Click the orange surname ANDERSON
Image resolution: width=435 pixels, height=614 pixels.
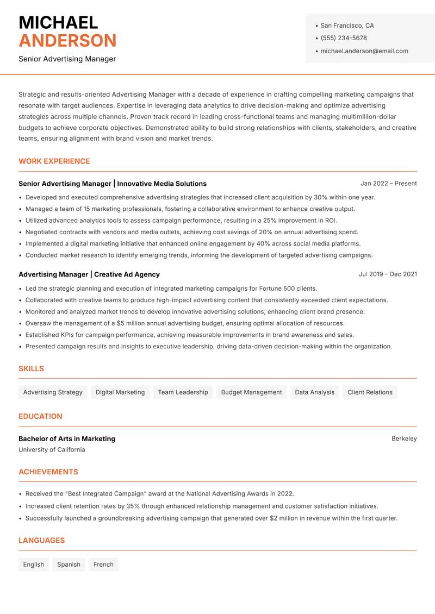coord(67,41)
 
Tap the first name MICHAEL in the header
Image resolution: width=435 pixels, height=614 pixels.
coord(58,22)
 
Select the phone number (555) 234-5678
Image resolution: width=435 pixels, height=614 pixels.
coord(344,38)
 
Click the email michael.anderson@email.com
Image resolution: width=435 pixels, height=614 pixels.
coord(364,51)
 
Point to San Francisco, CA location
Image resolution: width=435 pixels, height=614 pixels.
coord(347,26)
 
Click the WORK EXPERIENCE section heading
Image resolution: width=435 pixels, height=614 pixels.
coord(54,161)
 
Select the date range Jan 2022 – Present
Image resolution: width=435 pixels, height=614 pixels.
coord(388,184)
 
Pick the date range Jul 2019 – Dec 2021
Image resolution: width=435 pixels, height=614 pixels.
coord(388,274)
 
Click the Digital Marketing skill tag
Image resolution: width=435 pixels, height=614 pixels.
coord(120,392)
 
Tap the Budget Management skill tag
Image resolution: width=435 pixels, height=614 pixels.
coord(251,392)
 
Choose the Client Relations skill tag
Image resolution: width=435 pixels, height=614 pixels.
coord(370,392)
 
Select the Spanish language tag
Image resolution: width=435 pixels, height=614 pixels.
coord(69,565)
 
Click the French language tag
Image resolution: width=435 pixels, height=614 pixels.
coord(103,565)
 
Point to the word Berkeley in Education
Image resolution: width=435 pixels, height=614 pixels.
coord(404,438)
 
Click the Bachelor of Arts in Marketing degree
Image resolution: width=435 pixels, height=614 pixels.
coord(67,438)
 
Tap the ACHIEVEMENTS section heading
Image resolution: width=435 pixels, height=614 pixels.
coord(48,472)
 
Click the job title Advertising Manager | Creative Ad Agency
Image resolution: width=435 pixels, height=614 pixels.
coord(89,274)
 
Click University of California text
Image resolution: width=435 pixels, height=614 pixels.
coord(52,450)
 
